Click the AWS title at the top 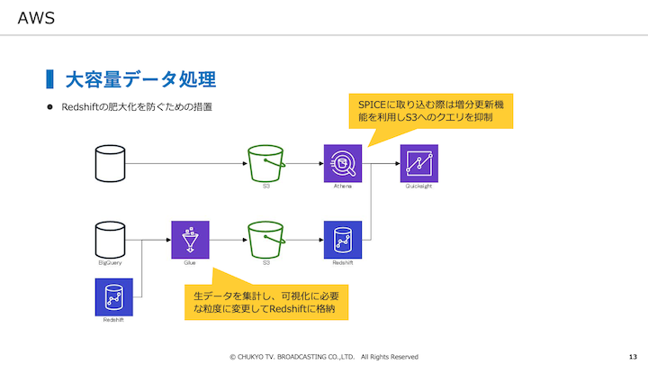click(x=36, y=18)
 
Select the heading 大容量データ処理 click(x=139, y=79)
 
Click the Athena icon click(x=342, y=163)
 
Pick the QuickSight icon click(x=418, y=163)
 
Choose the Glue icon click(x=190, y=240)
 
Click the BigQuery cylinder click(x=110, y=240)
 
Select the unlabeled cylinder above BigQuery click(x=110, y=163)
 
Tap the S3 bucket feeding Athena click(x=266, y=163)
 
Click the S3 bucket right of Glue click(x=266, y=240)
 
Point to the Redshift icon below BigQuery click(x=114, y=297)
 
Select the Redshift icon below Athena click(x=342, y=240)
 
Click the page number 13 click(x=633, y=356)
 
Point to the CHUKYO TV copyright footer click(x=323, y=356)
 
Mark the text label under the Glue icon click(x=190, y=263)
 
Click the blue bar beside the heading click(x=49, y=79)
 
